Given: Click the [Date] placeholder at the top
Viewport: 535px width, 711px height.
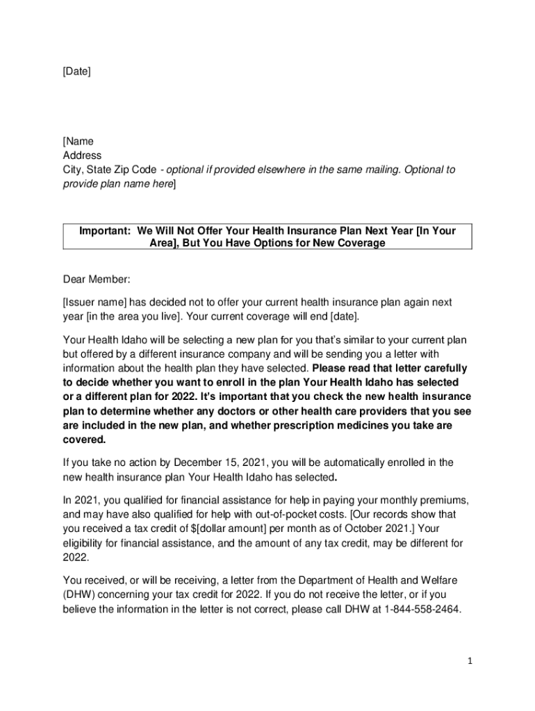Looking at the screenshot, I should [x=76, y=72].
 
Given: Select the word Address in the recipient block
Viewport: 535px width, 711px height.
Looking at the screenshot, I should [x=82, y=156].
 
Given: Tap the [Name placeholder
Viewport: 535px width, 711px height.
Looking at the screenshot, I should [x=78, y=142].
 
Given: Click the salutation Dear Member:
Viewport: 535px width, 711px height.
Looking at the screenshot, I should [x=97, y=279].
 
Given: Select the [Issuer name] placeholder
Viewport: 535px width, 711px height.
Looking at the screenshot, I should [x=97, y=303].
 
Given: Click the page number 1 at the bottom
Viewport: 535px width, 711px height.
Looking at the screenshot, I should [x=470, y=662].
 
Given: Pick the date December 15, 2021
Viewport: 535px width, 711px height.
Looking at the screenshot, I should [x=219, y=462].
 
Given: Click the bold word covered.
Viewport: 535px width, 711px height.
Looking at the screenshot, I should [x=85, y=440].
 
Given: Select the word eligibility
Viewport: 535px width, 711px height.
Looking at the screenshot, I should [x=86, y=543].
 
